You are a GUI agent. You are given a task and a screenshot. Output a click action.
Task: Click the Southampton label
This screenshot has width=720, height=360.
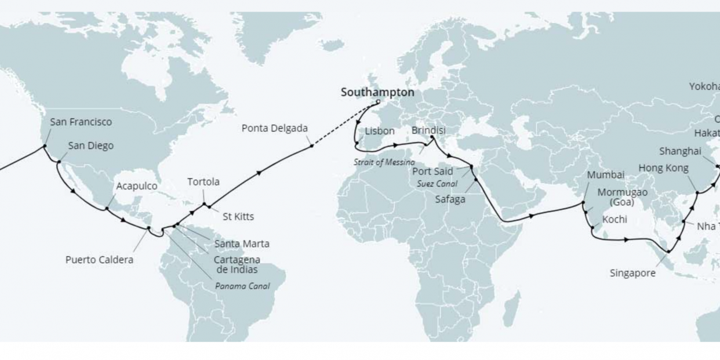(377, 92)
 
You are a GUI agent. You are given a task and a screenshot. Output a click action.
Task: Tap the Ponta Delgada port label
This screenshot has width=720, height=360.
(275, 128)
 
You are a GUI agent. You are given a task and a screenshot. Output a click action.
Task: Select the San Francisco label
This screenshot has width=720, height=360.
(81, 122)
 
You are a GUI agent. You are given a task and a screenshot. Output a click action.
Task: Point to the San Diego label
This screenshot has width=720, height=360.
(91, 146)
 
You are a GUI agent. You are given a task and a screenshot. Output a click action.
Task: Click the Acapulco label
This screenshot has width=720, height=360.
(137, 186)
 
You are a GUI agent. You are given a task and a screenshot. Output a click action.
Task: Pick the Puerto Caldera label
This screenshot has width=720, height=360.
(99, 260)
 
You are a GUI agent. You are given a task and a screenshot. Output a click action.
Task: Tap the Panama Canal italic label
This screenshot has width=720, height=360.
(242, 286)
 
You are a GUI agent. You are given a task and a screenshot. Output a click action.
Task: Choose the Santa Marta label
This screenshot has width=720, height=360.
(242, 243)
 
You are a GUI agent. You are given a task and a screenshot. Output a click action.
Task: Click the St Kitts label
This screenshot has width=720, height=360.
(238, 217)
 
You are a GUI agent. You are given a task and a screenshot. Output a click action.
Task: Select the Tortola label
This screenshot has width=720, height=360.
(203, 182)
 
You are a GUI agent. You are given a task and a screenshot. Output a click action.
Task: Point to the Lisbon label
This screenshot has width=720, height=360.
(380, 131)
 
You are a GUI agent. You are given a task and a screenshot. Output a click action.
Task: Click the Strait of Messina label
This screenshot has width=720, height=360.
(384, 162)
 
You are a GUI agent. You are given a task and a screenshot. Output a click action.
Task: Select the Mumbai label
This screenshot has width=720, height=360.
(605, 175)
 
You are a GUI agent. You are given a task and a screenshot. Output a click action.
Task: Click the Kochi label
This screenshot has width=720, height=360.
(614, 220)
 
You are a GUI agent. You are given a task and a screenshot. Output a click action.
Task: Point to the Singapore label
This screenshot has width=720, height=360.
(632, 272)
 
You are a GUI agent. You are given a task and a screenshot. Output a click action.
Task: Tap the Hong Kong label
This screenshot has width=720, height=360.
(663, 168)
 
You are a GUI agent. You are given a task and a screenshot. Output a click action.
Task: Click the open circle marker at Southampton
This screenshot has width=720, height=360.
(379, 103)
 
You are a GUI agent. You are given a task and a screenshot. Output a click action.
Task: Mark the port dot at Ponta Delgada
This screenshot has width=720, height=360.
(312, 146)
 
